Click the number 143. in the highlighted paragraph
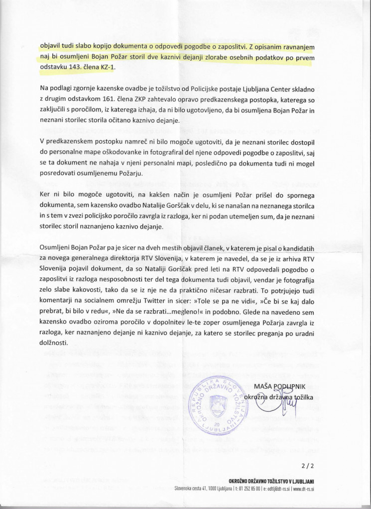tap(81, 67)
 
